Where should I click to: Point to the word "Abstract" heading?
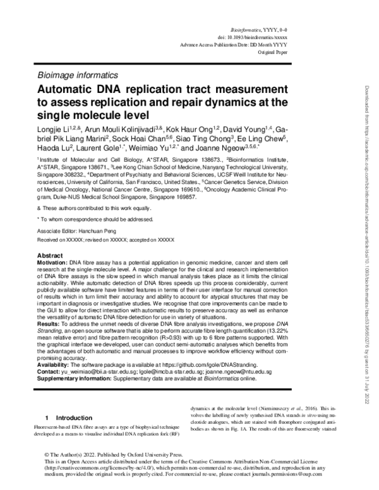tap(51, 254)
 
